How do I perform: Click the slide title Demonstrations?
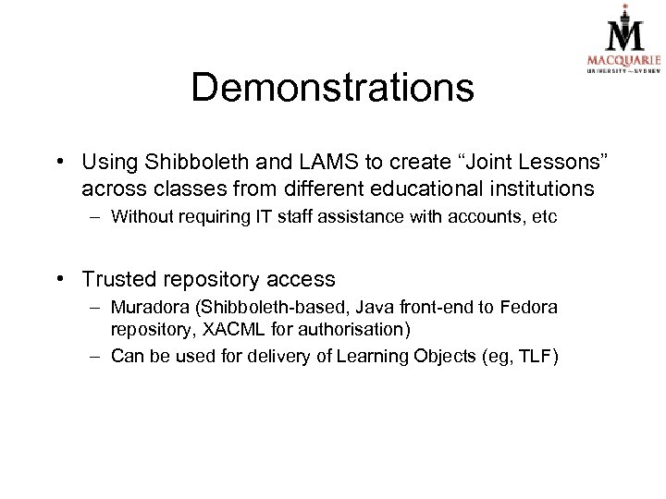[x=332, y=88]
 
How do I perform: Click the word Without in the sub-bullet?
[x=142, y=217]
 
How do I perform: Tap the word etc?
[x=544, y=217]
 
